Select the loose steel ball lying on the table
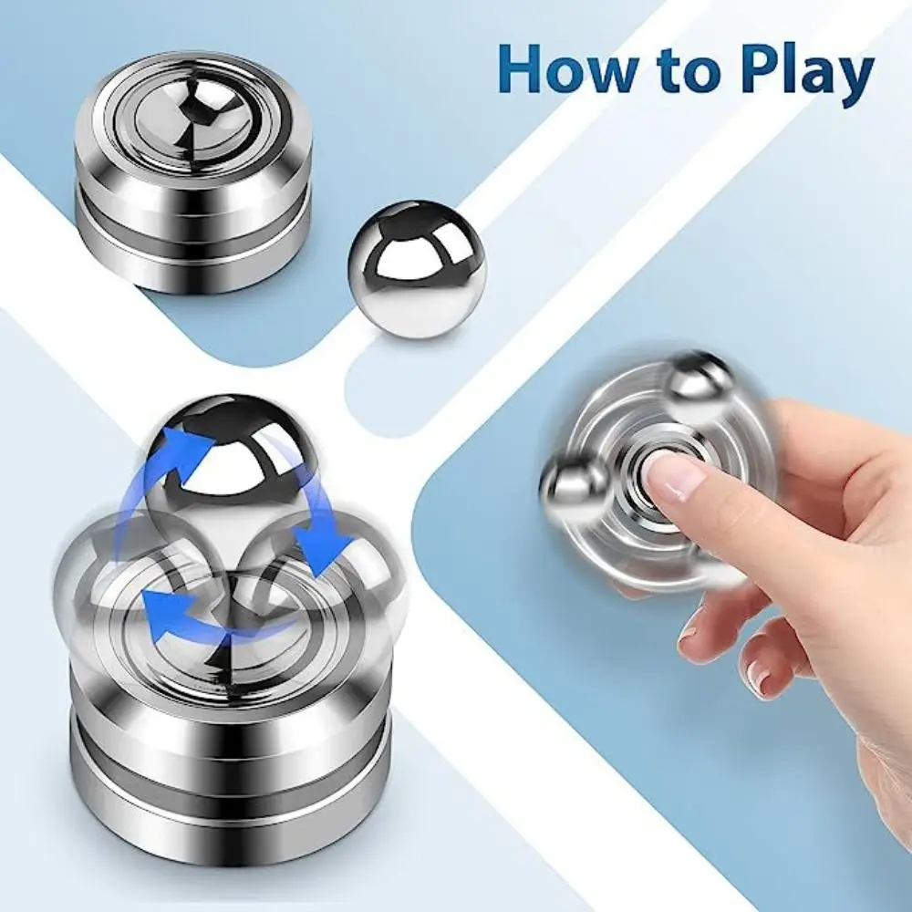(416, 269)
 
